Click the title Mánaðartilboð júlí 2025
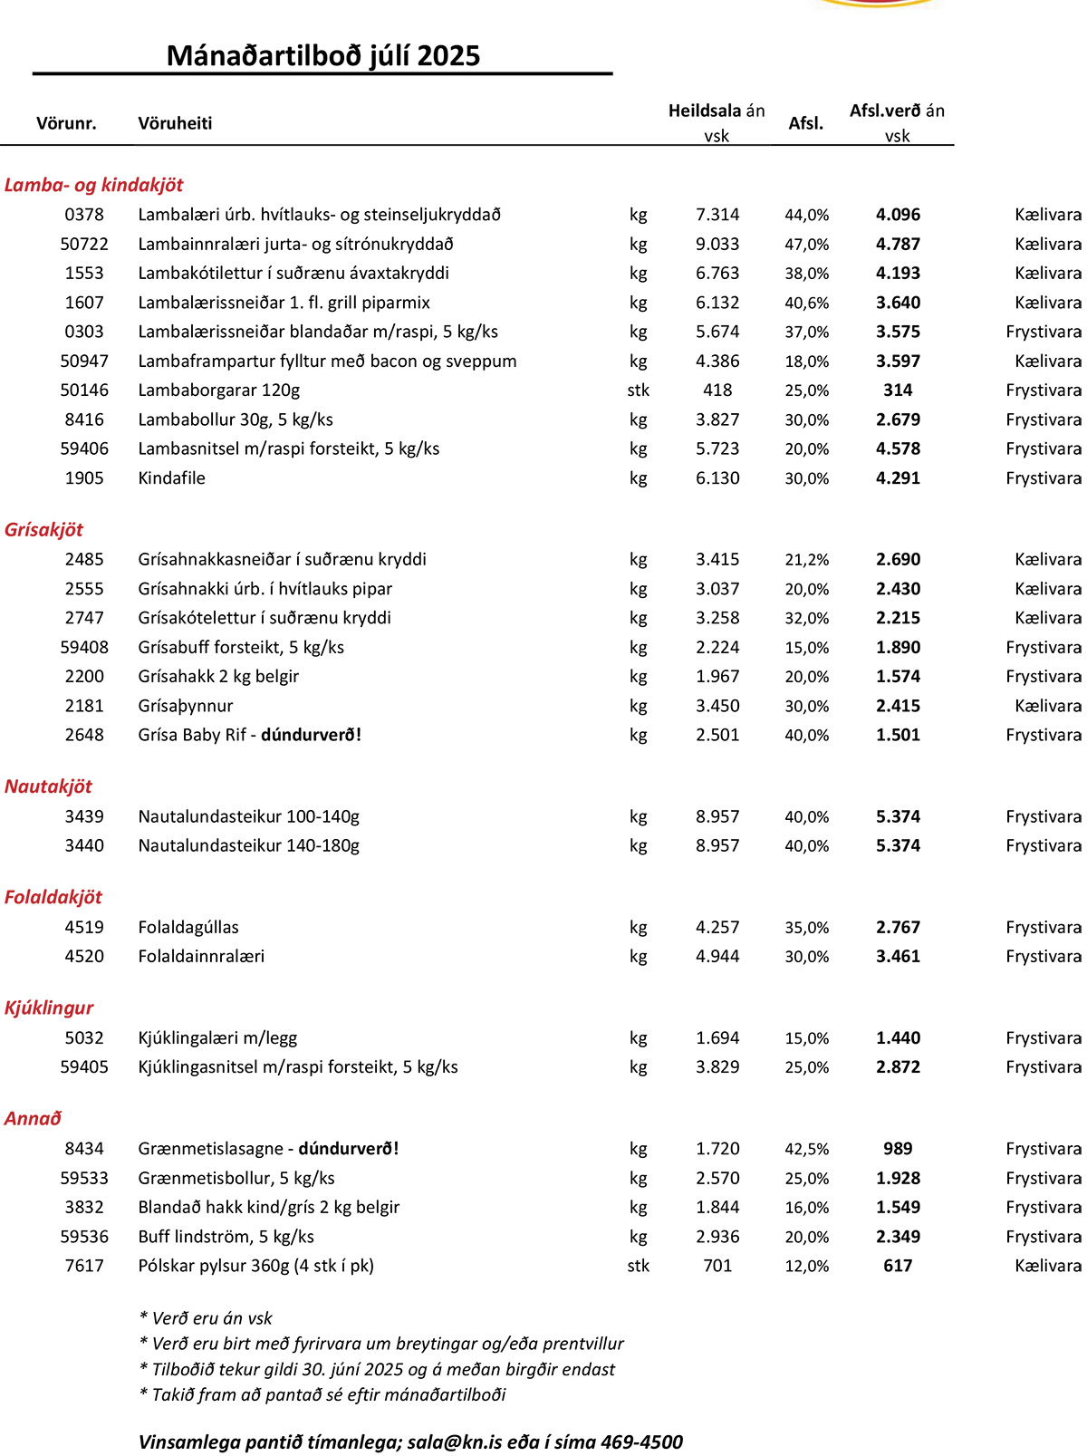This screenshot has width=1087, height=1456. [322, 56]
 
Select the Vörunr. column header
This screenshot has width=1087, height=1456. [66, 123]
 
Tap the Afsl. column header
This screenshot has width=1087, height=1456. [805, 123]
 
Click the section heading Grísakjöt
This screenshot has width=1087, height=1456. [43, 530]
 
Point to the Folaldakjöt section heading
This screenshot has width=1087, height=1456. [53, 897]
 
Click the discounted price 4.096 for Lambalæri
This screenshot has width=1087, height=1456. [898, 215]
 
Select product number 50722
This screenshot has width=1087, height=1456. [84, 244]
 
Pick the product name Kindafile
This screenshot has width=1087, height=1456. [171, 477]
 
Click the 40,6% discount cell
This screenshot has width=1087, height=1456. [806, 303]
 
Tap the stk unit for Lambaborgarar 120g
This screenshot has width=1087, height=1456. [638, 390]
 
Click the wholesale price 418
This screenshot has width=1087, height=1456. [717, 390]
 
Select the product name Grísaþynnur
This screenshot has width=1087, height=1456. [186, 706]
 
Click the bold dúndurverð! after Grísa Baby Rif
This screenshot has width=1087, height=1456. [311, 735]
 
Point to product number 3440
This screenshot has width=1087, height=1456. [84, 845]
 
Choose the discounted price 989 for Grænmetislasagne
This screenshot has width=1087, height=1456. [898, 1149]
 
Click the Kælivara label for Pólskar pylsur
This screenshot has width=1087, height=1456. [1047, 1266]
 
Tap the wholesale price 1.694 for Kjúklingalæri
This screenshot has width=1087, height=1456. [717, 1037]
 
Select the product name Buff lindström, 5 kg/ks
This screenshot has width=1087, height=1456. [226, 1237]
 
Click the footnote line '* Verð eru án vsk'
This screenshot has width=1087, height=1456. [206, 1318]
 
